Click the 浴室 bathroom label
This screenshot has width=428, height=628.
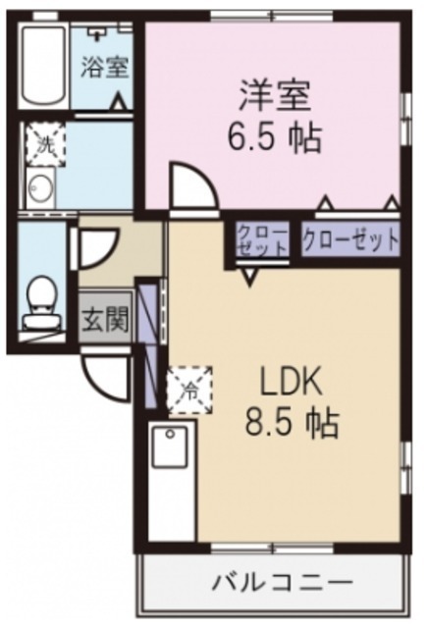[105, 68]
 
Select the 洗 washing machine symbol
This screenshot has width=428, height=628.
[44, 143]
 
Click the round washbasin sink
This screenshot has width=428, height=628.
[39, 188]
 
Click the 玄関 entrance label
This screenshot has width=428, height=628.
[105, 319]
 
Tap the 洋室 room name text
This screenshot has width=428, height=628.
[275, 96]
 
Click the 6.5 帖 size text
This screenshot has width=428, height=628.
[275, 138]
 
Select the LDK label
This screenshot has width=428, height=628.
[291, 384]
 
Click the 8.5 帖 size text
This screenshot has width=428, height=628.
[292, 424]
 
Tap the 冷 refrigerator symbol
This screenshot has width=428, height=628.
[189, 391]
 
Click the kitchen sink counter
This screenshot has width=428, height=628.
[171, 481]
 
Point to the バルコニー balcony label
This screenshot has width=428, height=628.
[283, 582]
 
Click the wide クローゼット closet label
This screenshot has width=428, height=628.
[351, 239]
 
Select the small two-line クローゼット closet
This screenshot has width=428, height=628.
[262, 240]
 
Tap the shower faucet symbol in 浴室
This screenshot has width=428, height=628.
[97, 33]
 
